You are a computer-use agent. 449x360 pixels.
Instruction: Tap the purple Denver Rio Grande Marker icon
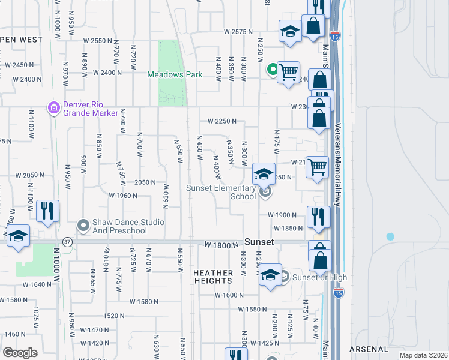[53, 108]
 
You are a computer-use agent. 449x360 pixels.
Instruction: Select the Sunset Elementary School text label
[221, 192]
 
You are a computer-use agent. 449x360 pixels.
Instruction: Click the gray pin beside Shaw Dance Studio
[83, 226]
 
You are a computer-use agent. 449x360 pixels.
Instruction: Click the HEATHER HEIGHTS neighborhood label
[213, 277]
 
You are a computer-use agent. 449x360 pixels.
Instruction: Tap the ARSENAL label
[370, 349]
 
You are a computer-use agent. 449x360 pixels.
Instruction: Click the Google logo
[19, 352]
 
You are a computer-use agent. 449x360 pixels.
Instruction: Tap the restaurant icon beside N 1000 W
[47, 211]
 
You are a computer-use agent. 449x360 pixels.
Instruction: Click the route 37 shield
[67, 241]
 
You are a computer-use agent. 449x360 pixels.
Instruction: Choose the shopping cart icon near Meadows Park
[289, 73]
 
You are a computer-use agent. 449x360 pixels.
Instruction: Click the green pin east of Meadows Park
[272, 70]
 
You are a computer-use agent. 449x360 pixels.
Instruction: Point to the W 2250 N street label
[222, 121]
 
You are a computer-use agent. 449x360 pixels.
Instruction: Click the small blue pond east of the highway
[390, 236]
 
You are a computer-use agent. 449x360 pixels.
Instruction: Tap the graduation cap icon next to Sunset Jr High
[270, 276]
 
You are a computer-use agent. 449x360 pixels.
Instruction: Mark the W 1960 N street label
[124, 195]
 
